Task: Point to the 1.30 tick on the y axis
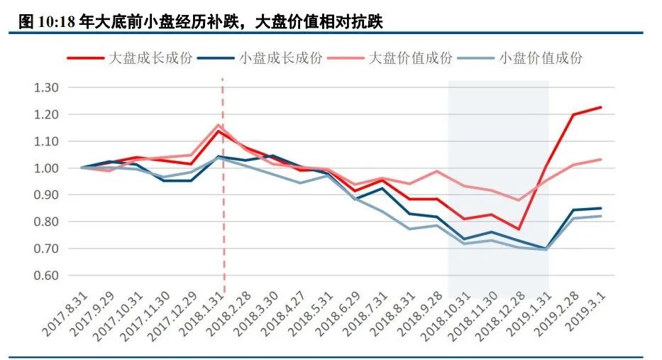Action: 46,88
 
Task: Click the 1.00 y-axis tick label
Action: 46,168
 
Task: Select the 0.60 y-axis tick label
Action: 46,276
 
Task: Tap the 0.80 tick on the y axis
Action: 46,222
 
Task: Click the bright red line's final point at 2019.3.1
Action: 601,107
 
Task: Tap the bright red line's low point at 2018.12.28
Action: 519,229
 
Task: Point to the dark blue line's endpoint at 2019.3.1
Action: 601,208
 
